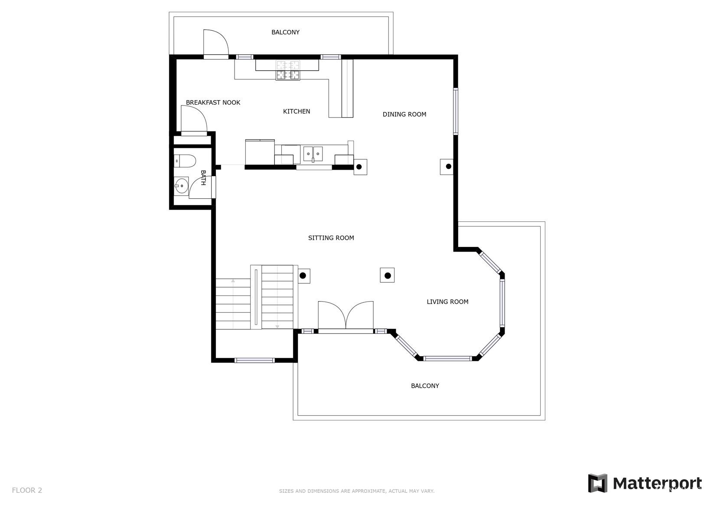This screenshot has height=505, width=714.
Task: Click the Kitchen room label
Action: [x=297, y=111]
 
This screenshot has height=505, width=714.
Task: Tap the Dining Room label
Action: [x=404, y=114]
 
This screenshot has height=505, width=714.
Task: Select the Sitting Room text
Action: [x=331, y=238]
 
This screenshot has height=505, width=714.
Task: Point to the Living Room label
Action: [x=447, y=302]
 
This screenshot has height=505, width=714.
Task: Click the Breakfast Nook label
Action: [x=213, y=102]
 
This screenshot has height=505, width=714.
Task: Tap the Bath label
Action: [x=203, y=178]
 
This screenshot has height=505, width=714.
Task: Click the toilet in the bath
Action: [x=185, y=161]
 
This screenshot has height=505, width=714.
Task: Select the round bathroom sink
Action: [x=181, y=185]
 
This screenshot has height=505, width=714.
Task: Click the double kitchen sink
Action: [x=313, y=154]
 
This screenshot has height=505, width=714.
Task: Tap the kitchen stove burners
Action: [x=288, y=70]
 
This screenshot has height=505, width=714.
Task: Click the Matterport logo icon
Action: [x=598, y=483]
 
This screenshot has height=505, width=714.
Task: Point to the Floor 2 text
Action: [x=27, y=490]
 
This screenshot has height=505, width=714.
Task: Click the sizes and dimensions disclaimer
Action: [x=357, y=491]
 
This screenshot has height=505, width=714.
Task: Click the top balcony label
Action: [x=285, y=32]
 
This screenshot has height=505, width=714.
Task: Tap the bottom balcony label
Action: [x=425, y=386]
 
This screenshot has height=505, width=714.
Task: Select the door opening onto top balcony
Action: [x=216, y=43]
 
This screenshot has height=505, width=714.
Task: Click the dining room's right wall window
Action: [x=456, y=111]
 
